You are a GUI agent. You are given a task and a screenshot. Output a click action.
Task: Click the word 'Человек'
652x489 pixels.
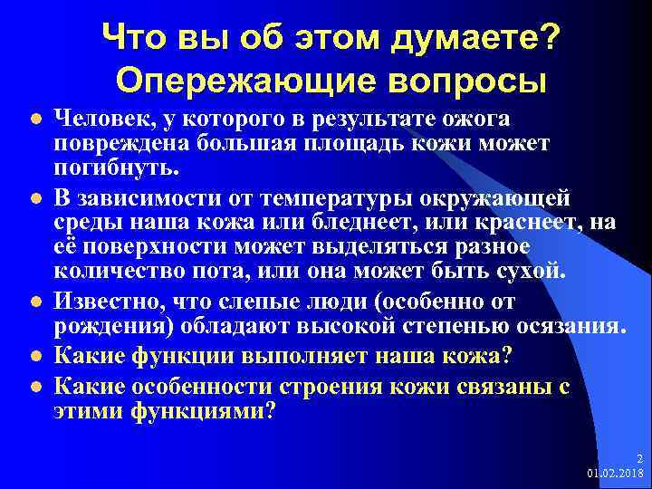pyautogui.click(x=96, y=120)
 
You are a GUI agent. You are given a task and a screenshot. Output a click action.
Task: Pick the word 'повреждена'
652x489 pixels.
pyautogui.click(x=110, y=145)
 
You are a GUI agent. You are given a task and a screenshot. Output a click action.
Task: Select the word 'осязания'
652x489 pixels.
pyautogui.click(x=560, y=326)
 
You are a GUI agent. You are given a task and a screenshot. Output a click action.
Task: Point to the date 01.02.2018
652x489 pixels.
pyautogui.click(x=613, y=474)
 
